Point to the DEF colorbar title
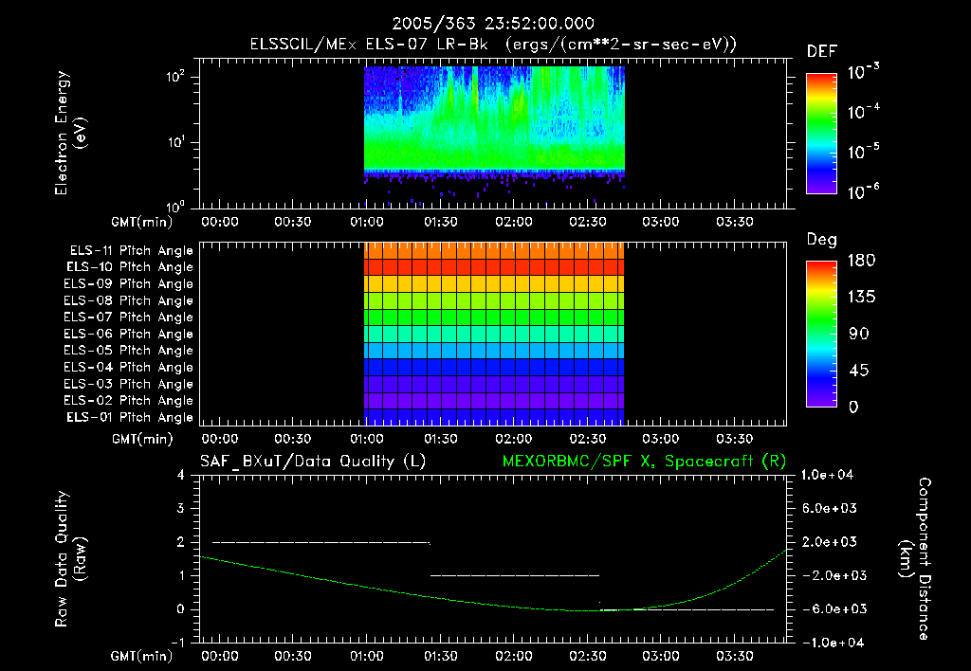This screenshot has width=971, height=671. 821,51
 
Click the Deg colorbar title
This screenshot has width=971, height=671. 821,240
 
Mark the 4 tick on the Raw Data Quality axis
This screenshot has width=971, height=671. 183,475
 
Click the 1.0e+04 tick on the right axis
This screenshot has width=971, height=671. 831,475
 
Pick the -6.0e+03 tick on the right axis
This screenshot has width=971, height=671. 830,608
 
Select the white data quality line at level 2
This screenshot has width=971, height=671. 321,542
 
